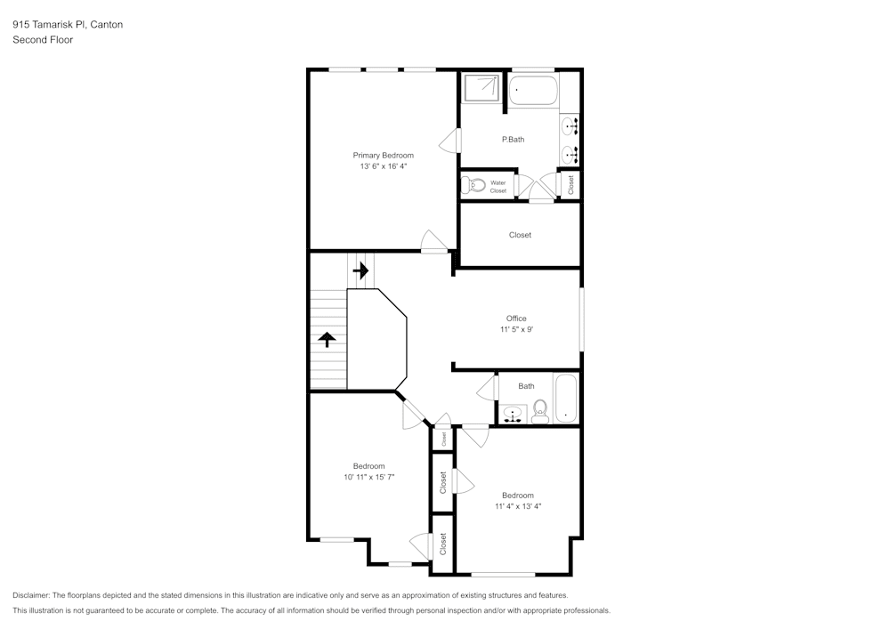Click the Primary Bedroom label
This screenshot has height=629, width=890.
(x=383, y=155)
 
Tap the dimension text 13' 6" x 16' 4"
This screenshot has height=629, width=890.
(x=383, y=166)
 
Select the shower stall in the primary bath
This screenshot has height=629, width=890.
(x=481, y=88)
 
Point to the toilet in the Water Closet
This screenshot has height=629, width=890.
(x=472, y=186)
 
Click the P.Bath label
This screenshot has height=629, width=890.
(x=514, y=140)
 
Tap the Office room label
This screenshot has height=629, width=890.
(x=516, y=319)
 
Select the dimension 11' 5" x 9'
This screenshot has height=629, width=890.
(x=516, y=330)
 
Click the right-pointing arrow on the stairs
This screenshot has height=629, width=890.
(x=360, y=270)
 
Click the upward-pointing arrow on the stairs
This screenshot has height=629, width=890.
(x=328, y=338)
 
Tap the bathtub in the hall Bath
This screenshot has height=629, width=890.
(x=566, y=399)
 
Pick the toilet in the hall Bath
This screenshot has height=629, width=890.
(x=539, y=411)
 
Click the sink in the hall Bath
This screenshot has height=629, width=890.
(x=511, y=413)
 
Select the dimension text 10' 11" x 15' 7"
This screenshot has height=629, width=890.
(x=368, y=478)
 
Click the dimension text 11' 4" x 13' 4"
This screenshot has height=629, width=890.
(x=518, y=507)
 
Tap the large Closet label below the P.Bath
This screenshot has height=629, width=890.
(x=520, y=235)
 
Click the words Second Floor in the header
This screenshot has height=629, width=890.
(x=43, y=39)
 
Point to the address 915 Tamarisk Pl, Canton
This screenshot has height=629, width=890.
(x=68, y=25)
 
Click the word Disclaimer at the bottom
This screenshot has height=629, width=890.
(x=31, y=595)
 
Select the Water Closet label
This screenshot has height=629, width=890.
(x=498, y=187)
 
